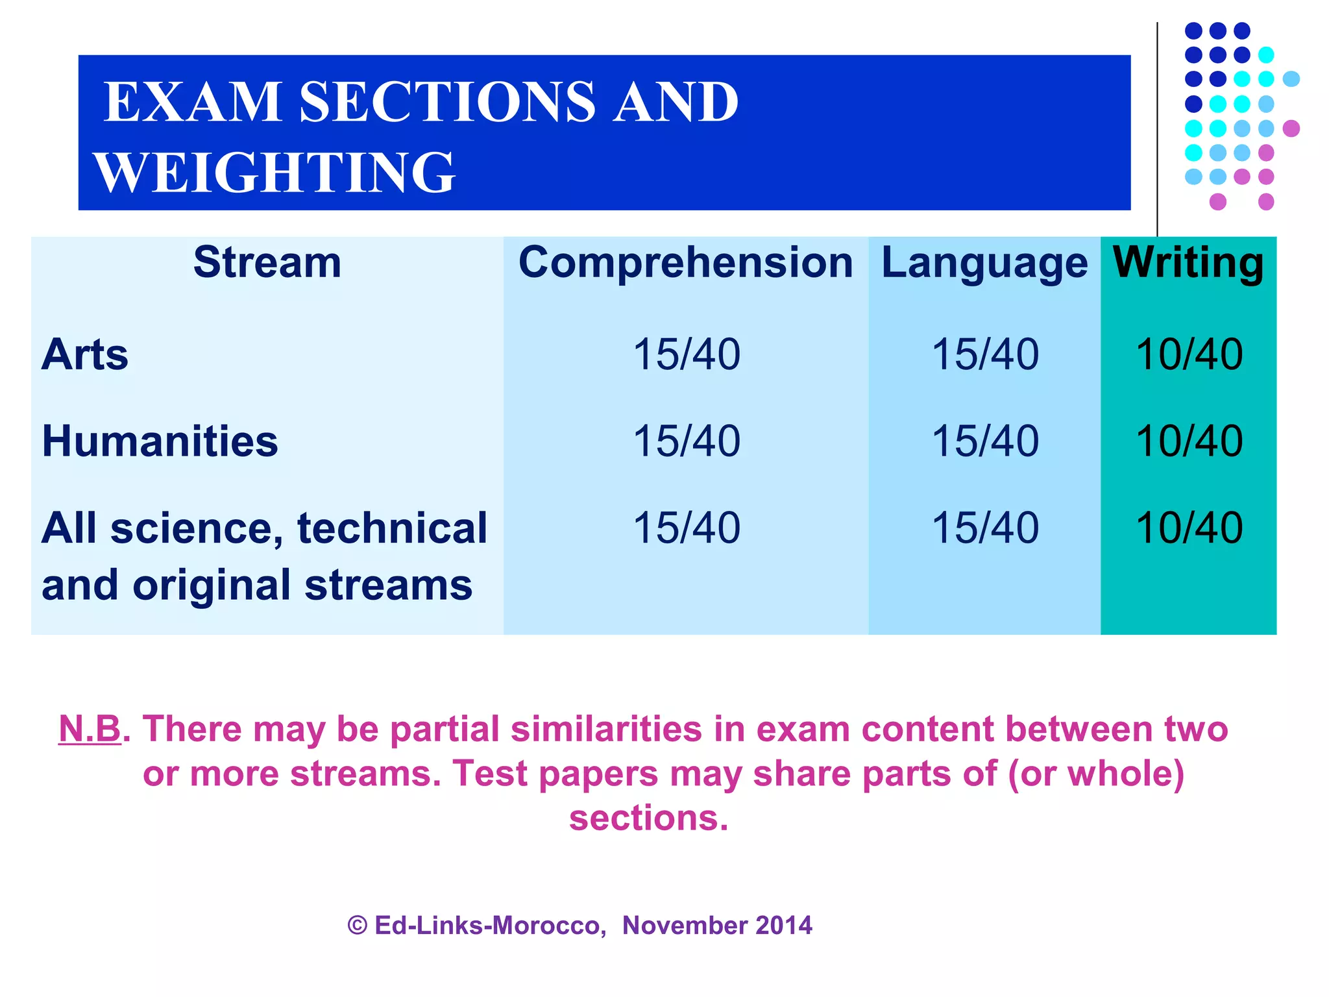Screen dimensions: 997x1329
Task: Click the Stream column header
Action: coord(267,263)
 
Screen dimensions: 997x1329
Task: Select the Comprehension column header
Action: coord(685,263)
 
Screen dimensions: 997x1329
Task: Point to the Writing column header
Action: coord(1188,263)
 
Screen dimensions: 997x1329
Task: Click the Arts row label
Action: coord(85,354)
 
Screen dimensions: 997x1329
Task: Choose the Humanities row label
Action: coord(160,441)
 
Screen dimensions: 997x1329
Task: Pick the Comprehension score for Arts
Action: coord(686,354)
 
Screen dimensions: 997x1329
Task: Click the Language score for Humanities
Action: coord(984,441)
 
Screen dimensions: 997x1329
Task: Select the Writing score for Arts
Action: coord(1188,354)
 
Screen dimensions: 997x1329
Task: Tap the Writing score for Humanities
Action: coord(1188,441)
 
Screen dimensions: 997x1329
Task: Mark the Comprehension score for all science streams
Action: coord(686,528)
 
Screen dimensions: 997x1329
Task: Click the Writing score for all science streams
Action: coord(1188,528)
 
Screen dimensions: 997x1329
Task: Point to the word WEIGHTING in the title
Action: coord(274,173)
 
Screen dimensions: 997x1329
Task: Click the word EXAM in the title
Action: coord(193,102)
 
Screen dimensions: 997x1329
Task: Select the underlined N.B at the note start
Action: coord(90,728)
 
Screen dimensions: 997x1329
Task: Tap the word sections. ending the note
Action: coord(648,817)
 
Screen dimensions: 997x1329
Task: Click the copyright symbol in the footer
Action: coord(358,925)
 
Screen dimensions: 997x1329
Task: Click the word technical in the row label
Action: coord(392,528)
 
